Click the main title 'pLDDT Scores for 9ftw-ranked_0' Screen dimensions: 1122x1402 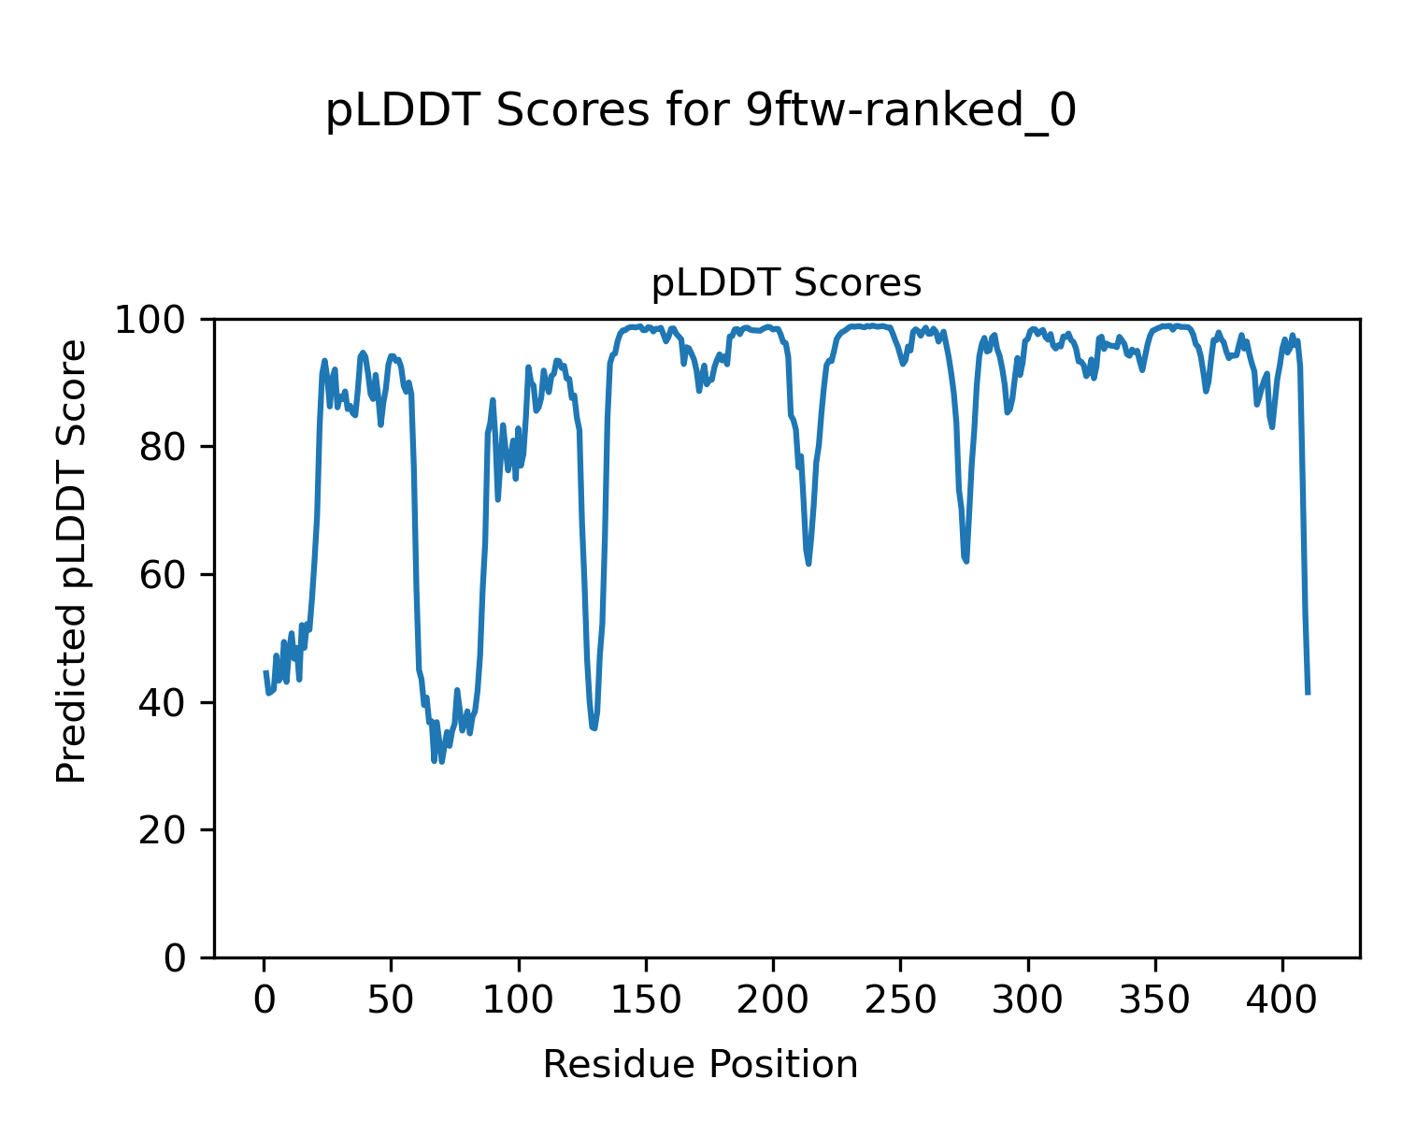[700, 112]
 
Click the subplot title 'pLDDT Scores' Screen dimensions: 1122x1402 [786, 283]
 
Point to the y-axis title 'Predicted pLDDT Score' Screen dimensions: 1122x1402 [72, 561]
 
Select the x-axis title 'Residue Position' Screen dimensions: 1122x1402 [700, 1064]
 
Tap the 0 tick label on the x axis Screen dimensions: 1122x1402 [265, 1000]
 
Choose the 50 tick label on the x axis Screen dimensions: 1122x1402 [391, 1000]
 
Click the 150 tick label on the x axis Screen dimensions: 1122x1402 [646, 1000]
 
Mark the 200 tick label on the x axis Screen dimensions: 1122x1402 [773, 1000]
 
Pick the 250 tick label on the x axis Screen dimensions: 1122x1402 [900, 1000]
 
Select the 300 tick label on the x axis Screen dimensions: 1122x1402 [1027, 1000]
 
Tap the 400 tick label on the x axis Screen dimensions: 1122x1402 [1281, 1000]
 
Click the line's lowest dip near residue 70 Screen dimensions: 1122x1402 [435, 761]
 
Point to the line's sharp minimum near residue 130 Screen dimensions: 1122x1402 [594, 727]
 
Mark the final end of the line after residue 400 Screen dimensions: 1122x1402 [1308, 693]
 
